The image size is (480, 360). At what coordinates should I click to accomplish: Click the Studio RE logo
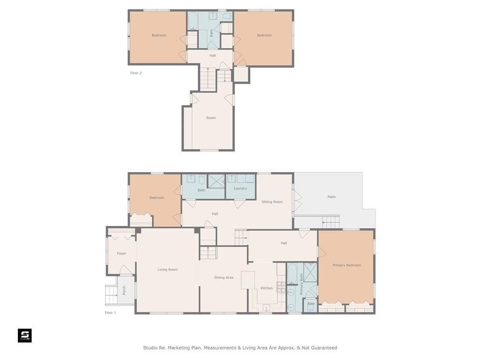point(25,336)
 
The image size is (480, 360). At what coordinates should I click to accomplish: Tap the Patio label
point(331,197)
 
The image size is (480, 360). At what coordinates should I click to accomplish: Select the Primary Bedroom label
point(346,265)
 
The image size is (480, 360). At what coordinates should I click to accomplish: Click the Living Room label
point(167,270)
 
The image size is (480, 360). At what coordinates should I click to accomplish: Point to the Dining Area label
point(224,277)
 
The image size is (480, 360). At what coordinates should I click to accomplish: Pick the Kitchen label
point(266,288)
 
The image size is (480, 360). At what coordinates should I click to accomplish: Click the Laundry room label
point(240,188)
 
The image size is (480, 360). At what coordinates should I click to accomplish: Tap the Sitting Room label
point(272,202)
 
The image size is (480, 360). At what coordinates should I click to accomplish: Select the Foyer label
point(121,254)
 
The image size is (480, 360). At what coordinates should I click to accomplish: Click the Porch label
point(124,291)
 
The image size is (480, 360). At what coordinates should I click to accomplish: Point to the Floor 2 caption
point(136,73)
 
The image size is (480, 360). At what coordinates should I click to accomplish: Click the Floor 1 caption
point(110,313)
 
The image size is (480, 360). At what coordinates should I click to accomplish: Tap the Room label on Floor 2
point(211,118)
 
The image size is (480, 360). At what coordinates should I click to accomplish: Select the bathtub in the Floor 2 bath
point(193,21)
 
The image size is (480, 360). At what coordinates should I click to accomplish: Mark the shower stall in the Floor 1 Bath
point(217,181)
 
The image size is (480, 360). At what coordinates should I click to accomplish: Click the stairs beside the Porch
point(111,295)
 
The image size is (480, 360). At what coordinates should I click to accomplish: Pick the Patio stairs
point(330,222)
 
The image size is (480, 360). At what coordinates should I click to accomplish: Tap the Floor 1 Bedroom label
point(157,198)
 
